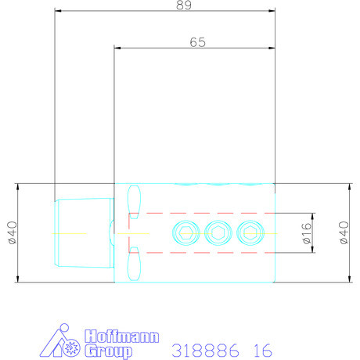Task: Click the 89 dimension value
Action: pyautogui.click(x=184, y=5)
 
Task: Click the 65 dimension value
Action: pyautogui.click(x=197, y=42)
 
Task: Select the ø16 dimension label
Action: pyautogui.click(x=307, y=233)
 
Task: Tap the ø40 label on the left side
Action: pyautogui.click(x=13, y=232)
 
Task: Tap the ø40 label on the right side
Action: pyautogui.click(x=344, y=232)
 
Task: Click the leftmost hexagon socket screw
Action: pyautogui.click(x=186, y=233)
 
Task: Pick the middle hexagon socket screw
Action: pyautogui.click(x=218, y=233)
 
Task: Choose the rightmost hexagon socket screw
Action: pyautogui.click(x=250, y=233)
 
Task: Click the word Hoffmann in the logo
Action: pyautogui.click(x=122, y=337)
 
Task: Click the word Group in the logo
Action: pyautogui.click(x=109, y=351)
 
